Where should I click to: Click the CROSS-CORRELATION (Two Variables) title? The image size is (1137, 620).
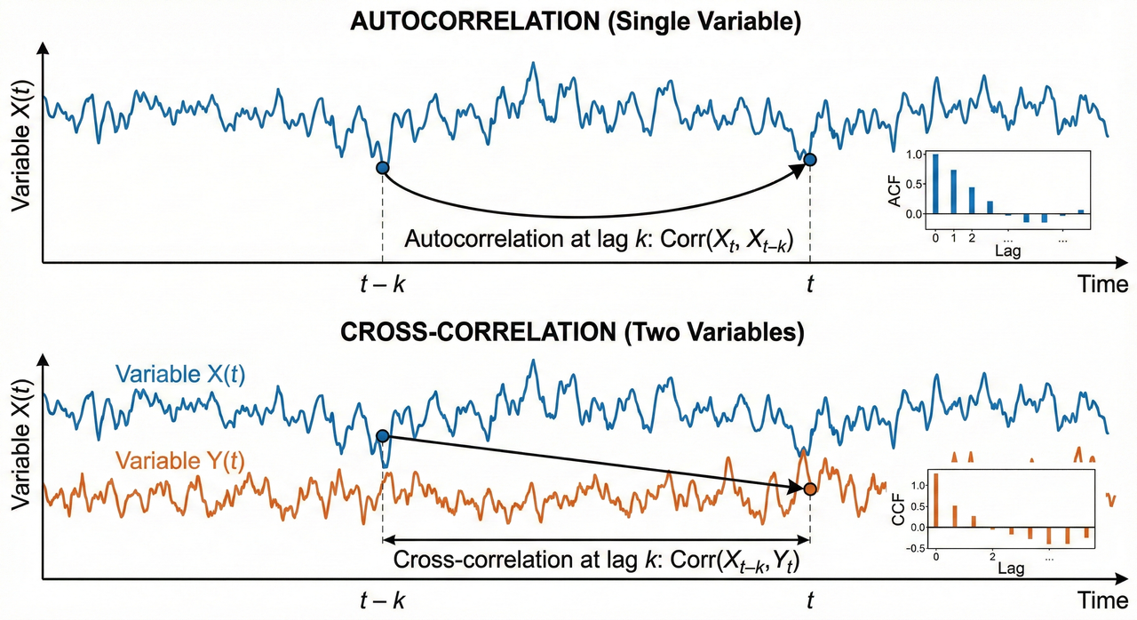568,334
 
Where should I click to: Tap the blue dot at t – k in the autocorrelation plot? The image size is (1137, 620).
383,168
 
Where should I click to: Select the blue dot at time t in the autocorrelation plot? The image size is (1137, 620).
809,160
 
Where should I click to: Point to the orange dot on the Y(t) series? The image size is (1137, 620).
810,489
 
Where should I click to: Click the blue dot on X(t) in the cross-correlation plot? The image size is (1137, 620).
383,436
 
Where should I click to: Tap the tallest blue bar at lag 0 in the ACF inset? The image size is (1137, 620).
934,184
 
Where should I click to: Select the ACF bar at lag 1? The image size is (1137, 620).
953,192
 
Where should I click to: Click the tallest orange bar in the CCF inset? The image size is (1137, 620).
935,501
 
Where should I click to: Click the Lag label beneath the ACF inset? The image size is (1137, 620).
1007,250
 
